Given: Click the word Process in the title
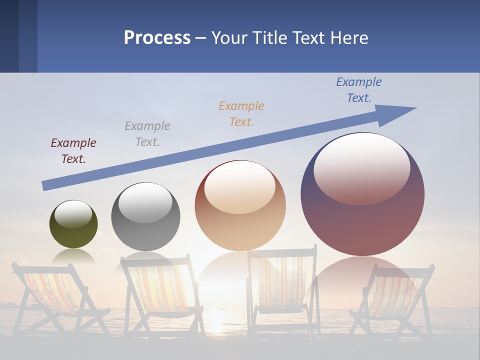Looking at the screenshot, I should coord(157,38).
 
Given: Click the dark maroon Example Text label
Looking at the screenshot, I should coord(73,151).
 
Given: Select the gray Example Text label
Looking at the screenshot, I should coord(147,134).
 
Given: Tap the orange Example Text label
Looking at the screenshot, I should coord(241,114).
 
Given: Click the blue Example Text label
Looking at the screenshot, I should coord(359,90).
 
